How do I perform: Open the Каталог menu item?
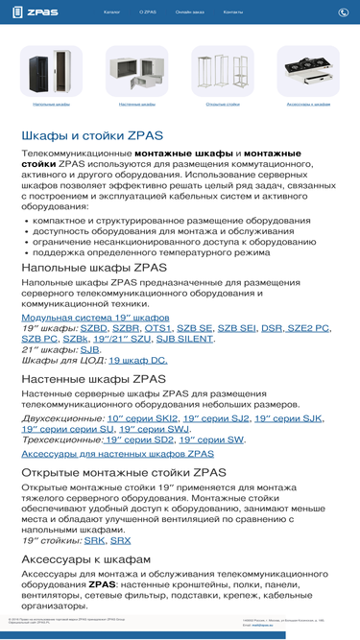[x=112, y=12]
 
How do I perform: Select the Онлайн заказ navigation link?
[x=189, y=12]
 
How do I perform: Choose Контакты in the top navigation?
[x=232, y=12]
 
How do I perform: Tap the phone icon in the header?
[x=344, y=12]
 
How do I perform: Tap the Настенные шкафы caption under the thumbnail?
[x=136, y=103]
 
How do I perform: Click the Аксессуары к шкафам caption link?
[x=308, y=103]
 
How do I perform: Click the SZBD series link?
[x=94, y=328]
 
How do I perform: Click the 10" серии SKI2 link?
[x=143, y=418]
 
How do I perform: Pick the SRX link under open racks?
[x=121, y=540]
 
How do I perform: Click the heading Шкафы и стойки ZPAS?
[x=92, y=135]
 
